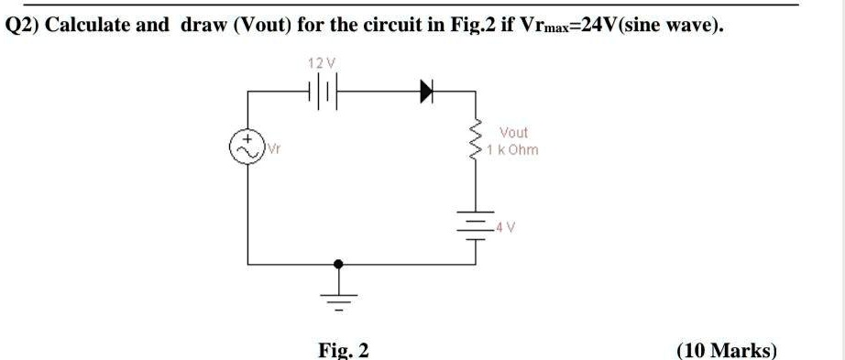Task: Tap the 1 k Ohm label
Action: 514,149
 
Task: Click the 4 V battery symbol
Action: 475,223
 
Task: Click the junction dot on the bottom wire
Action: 340,264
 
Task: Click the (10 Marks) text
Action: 725,350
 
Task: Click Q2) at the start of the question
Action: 22,25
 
